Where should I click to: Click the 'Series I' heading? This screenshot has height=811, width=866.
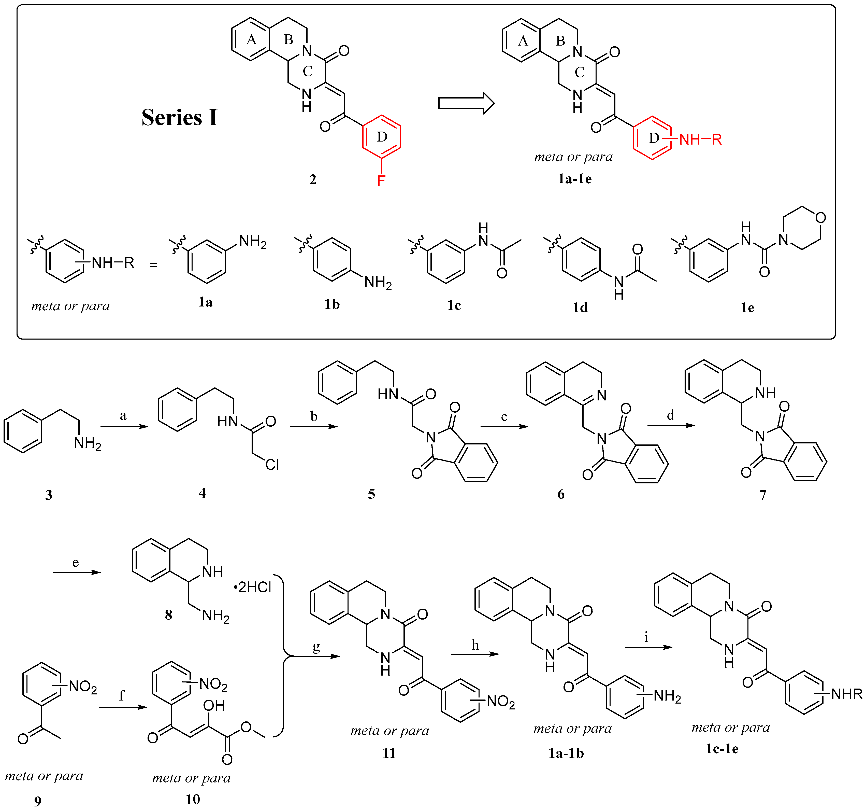(x=179, y=118)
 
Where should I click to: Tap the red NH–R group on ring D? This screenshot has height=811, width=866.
(x=700, y=139)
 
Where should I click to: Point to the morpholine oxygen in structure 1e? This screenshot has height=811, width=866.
(x=820, y=217)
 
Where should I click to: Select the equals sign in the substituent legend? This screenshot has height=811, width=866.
(x=153, y=264)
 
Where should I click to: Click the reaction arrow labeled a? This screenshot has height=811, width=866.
(x=124, y=426)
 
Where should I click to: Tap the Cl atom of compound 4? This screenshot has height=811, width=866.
(x=272, y=465)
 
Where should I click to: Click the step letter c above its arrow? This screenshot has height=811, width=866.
(x=504, y=417)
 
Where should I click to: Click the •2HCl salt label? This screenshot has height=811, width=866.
(x=253, y=587)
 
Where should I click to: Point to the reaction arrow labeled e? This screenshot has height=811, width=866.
(x=77, y=572)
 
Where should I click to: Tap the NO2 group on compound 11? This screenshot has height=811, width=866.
(x=500, y=701)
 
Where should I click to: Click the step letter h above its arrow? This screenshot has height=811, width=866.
(x=475, y=645)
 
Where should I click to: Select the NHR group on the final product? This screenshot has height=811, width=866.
(x=846, y=694)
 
